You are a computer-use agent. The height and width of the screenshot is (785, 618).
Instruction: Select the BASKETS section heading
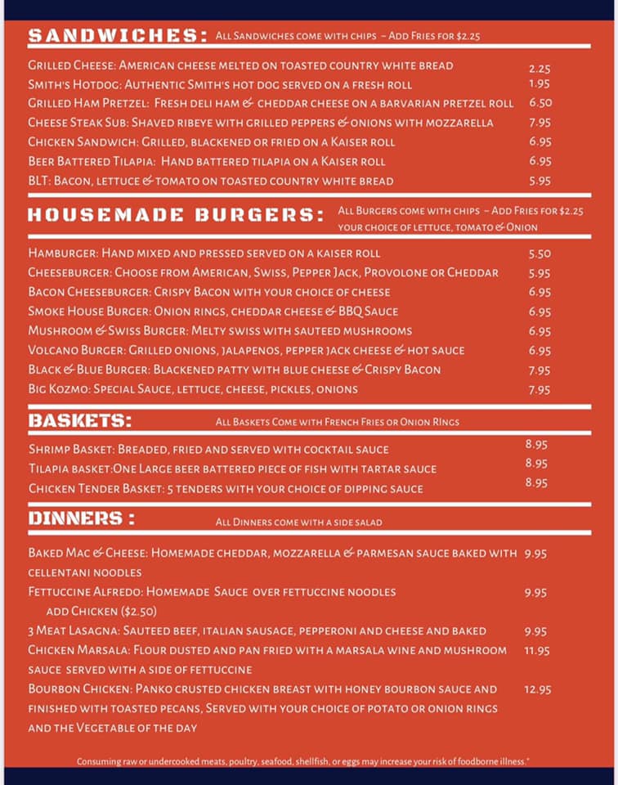coord(81,421)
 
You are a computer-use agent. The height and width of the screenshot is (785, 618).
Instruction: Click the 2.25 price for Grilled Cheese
coord(540,70)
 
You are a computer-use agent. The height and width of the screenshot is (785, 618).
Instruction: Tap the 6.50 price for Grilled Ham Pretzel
coord(540,103)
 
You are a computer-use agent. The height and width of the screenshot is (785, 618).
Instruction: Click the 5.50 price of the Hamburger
coord(540,254)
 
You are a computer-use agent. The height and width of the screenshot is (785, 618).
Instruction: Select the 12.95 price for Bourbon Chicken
coord(538,689)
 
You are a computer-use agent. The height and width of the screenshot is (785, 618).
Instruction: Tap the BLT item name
coord(38,181)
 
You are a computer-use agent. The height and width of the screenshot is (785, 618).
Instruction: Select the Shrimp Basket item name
coord(71,450)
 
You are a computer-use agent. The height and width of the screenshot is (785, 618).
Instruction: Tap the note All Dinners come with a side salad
coord(298,522)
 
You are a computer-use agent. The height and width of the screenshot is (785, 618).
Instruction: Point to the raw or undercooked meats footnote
coord(303,761)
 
